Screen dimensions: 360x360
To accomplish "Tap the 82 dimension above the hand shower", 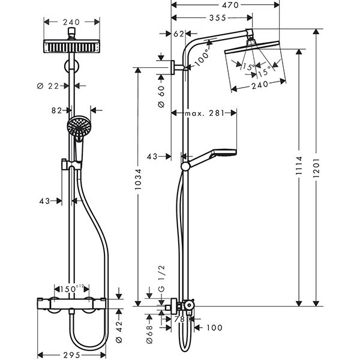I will (58, 110).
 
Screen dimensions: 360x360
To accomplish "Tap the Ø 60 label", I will (161, 96).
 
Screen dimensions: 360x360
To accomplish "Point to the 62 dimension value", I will (178, 34).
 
